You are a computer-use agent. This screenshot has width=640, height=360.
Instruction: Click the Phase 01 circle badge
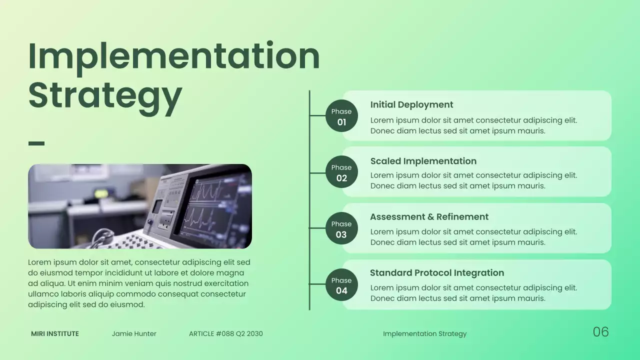click(x=341, y=116)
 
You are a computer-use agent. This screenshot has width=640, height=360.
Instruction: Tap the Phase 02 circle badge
click(x=341, y=172)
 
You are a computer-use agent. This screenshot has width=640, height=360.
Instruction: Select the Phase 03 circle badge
click(x=341, y=228)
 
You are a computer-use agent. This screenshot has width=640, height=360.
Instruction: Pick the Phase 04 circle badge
click(x=341, y=285)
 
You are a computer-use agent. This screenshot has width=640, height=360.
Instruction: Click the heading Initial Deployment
click(x=411, y=104)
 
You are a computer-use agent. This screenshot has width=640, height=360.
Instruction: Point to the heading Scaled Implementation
click(x=423, y=161)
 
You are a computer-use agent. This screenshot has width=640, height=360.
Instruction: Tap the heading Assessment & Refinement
click(x=429, y=217)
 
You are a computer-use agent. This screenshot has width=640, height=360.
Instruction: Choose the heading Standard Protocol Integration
click(x=436, y=273)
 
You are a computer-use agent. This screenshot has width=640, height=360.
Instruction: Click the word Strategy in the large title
click(x=105, y=95)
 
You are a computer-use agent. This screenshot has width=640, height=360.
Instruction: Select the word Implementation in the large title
click(x=174, y=55)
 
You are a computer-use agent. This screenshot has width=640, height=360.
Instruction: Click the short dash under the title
click(x=36, y=143)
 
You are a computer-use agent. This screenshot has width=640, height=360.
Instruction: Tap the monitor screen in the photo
click(x=215, y=205)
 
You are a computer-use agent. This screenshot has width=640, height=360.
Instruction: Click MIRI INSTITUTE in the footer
click(x=55, y=333)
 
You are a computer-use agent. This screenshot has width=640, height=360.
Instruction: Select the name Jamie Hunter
click(x=134, y=333)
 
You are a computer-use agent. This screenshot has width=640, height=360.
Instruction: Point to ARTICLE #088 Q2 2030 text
click(x=225, y=333)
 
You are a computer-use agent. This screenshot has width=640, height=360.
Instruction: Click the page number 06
click(x=600, y=332)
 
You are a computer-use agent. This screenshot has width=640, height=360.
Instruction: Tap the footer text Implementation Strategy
click(x=424, y=333)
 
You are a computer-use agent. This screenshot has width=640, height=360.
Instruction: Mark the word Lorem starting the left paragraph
click(x=40, y=262)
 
